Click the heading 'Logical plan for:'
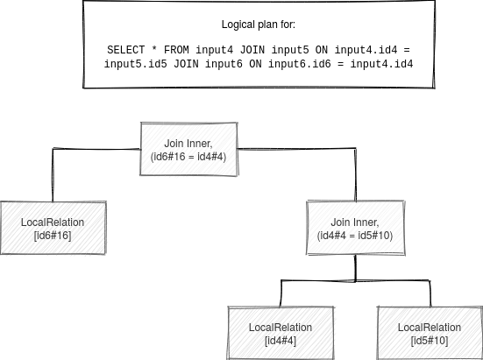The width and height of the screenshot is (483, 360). (x=258, y=25)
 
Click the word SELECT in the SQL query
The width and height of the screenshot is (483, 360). (x=125, y=50)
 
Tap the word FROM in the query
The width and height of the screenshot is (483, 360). (x=176, y=50)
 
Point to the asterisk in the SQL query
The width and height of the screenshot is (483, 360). (x=154, y=49)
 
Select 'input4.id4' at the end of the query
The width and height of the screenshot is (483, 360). (x=381, y=64)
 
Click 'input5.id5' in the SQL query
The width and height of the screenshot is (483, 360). (x=135, y=64)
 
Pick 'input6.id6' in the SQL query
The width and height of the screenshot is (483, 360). (x=300, y=64)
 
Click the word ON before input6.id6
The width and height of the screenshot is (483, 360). (x=255, y=64)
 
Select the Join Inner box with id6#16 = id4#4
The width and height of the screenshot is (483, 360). (x=188, y=149)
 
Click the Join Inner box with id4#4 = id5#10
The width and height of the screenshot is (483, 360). (x=356, y=228)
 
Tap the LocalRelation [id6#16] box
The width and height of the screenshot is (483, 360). (x=53, y=228)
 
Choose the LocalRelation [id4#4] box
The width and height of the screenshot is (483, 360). (x=281, y=333)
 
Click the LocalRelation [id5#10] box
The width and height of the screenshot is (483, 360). (x=430, y=333)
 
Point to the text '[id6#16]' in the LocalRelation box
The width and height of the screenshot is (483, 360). (x=53, y=236)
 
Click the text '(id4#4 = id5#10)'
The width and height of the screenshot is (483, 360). (x=355, y=236)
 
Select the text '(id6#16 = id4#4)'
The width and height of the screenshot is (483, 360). (x=188, y=157)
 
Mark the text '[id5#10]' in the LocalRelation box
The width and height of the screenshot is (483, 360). (x=430, y=341)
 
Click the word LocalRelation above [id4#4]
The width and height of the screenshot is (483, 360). (x=281, y=328)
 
